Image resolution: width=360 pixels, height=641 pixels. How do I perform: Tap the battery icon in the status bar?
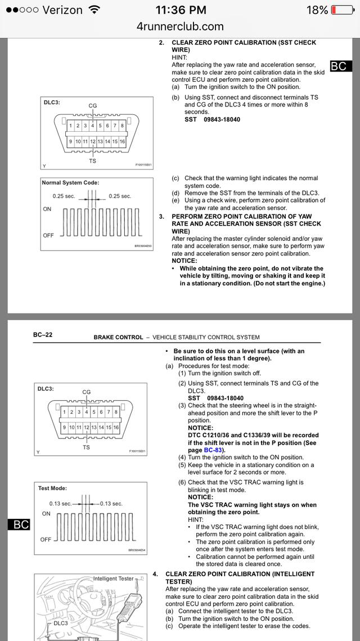(x=341, y=10)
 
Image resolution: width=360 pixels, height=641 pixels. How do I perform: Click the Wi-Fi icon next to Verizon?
(x=94, y=10)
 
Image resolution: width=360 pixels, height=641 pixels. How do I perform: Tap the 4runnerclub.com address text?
(x=180, y=26)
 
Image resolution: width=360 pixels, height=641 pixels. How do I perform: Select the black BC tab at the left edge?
(x=19, y=525)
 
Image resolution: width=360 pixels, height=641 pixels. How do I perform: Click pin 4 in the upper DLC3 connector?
(x=93, y=125)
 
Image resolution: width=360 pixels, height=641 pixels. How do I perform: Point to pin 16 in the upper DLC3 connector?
(x=122, y=141)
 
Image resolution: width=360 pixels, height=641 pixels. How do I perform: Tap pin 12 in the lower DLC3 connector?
(x=87, y=427)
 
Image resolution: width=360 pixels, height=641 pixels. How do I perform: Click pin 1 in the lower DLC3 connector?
(x=65, y=411)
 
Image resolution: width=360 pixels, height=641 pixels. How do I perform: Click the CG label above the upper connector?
(x=93, y=105)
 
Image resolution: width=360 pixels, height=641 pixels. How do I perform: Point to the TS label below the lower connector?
(x=86, y=447)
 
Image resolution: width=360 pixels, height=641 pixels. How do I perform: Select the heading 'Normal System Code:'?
(x=70, y=183)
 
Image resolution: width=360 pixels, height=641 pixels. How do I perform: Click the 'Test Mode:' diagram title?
(x=52, y=488)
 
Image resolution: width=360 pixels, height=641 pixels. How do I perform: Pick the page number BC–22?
(x=43, y=335)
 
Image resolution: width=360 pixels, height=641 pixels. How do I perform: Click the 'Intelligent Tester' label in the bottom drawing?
(x=114, y=579)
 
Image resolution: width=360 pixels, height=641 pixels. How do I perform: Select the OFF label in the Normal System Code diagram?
(x=48, y=235)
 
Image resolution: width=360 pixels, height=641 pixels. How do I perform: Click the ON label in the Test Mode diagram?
(x=47, y=514)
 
